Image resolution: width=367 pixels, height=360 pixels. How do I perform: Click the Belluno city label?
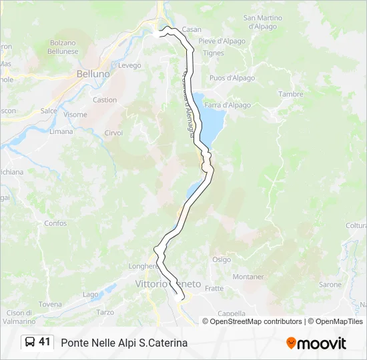pos(93,75)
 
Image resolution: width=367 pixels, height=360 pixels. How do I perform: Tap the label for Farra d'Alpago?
pos(228,105)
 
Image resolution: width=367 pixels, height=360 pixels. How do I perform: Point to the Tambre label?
pos(291,94)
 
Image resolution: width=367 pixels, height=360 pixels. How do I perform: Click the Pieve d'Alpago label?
pos(221,41)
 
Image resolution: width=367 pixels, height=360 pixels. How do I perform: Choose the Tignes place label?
pos(214,53)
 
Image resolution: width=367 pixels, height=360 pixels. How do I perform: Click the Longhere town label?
pos(143,265)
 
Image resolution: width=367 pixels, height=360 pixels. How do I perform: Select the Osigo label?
pos(222,259)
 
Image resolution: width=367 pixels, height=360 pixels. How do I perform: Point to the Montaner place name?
pos(248,276)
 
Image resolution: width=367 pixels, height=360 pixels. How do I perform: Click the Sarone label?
pos(330,284)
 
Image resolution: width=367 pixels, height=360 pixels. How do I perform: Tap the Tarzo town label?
pos(105,312)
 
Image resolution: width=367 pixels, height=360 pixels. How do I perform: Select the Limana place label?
pos(61,131)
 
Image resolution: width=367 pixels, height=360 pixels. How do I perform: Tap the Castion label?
pos(105,100)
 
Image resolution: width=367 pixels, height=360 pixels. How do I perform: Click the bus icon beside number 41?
pos(30,342)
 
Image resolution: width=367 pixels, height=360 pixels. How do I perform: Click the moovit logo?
pos(316,343)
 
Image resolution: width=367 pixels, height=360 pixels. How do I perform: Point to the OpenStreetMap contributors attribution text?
pos(253,321)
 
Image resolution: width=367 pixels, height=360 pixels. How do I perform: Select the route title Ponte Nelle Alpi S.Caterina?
pos(124,343)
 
